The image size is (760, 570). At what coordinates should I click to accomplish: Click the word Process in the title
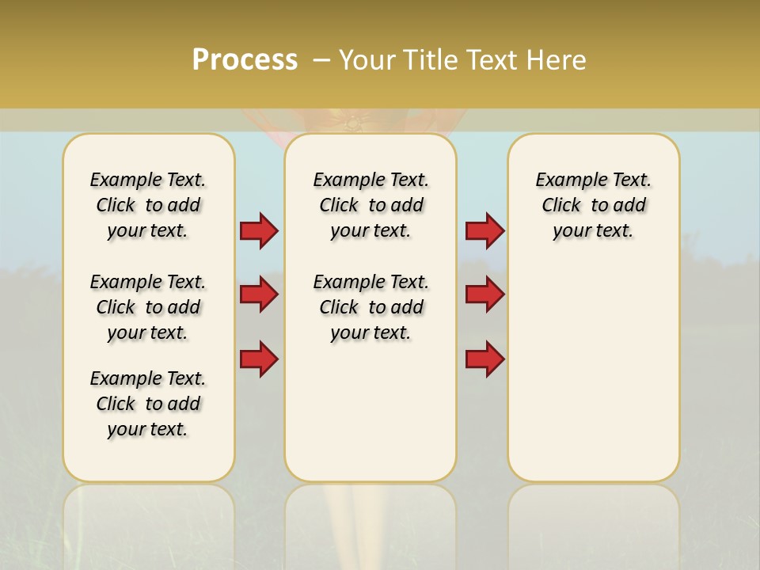click(245, 60)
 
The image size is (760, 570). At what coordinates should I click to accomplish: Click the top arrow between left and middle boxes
click(259, 230)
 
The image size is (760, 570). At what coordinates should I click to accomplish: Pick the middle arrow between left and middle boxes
click(259, 294)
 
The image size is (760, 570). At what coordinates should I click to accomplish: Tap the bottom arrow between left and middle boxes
click(259, 359)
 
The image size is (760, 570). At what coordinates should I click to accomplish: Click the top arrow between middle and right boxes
click(484, 230)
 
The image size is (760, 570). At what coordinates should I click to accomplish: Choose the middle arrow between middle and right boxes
click(484, 294)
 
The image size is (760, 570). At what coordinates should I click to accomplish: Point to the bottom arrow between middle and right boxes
click(484, 359)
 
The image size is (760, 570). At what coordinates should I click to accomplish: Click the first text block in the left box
click(148, 205)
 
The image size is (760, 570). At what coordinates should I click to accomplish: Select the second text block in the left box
click(148, 307)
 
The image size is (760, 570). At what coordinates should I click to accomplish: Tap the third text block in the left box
click(148, 404)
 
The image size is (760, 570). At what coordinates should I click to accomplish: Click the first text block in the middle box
click(370, 205)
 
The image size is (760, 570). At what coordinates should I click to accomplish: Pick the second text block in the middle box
click(370, 307)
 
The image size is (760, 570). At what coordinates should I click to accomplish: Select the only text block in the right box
click(593, 205)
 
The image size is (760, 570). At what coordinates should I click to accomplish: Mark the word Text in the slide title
click(489, 60)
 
